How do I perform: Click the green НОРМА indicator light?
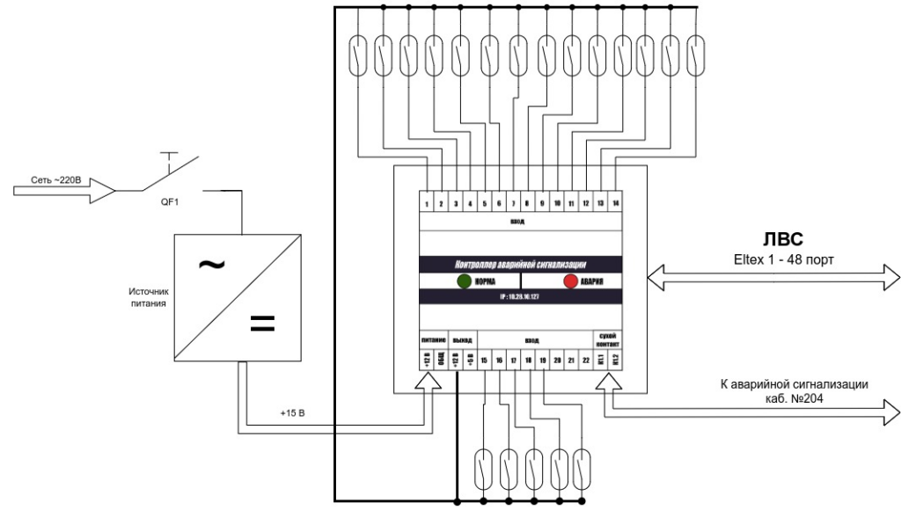pos(464,282)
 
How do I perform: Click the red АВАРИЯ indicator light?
pos(570,282)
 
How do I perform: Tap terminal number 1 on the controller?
pos(427,204)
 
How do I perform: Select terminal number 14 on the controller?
pos(614,204)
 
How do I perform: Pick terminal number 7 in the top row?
pos(513,204)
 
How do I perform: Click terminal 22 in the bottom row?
pos(586,360)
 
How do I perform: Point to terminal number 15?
pos(484,360)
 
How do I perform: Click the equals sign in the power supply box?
pos(261,324)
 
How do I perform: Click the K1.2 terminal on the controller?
pos(615,360)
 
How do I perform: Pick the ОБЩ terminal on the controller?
pos(442,360)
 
